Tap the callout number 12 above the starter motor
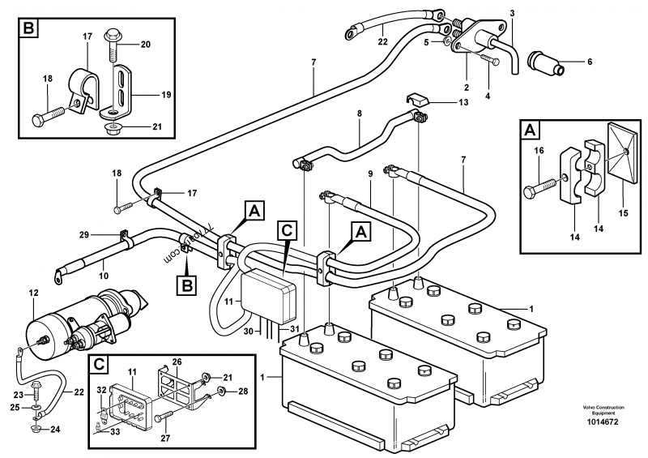[33, 292]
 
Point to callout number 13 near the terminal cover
[463, 103]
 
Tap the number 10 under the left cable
[103, 276]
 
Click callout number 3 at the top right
[512, 12]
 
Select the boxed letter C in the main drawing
[287, 229]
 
